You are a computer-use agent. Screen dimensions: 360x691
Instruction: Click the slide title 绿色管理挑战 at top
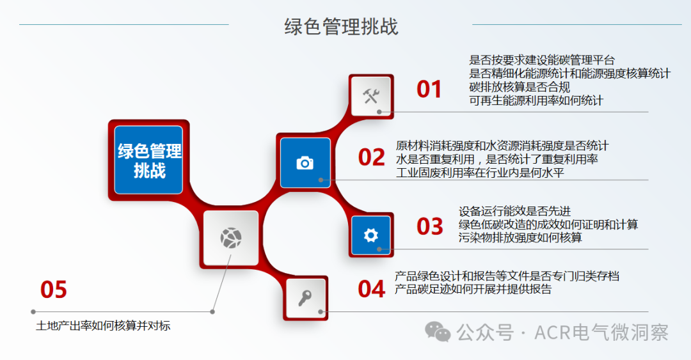342,27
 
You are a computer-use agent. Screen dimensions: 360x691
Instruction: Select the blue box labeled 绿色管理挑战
149,160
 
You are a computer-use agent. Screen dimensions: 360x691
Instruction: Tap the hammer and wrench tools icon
371,96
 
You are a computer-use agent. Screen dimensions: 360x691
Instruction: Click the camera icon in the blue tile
305,162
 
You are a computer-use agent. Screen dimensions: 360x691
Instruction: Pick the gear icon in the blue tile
371,235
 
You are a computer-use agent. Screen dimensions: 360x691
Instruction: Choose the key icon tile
306,298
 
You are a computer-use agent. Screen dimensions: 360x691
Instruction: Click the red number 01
429,90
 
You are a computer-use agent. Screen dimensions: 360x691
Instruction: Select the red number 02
371,157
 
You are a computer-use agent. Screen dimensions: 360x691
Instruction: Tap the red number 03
429,226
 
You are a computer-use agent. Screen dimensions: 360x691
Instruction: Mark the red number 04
371,289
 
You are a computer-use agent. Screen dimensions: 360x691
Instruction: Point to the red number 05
54,290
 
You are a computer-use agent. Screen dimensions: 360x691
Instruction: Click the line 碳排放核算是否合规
519,87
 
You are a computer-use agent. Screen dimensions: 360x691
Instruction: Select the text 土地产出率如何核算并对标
103,326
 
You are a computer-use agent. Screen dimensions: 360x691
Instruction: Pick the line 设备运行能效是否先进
514,211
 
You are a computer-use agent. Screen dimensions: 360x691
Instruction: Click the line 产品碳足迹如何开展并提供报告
473,289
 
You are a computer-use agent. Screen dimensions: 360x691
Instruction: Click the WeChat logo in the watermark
438,332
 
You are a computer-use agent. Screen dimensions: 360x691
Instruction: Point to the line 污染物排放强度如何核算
520,238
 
